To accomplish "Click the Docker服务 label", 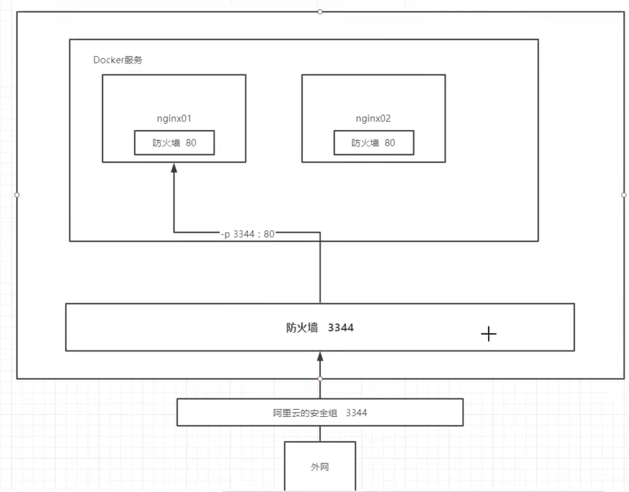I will coord(118,60).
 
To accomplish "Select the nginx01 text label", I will coord(174,118).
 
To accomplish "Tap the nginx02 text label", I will coord(373,118).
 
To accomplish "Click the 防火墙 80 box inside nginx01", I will coord(174,143).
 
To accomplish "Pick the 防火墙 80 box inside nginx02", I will coord(374,143).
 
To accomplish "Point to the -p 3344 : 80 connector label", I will coord(248,234).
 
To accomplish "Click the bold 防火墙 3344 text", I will coord(320,328).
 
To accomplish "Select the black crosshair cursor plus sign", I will coord(488,334).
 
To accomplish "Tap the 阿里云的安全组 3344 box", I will coord(320,412).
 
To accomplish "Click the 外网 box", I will coord(320,466).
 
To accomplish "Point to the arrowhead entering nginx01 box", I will coord(174,168).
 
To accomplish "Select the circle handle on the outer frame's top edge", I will coord(320,12).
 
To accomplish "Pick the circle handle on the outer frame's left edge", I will coord(17,195).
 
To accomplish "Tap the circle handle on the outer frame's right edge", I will coord(624,195).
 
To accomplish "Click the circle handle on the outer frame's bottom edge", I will coord(320,379).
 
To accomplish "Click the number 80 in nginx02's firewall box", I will coord(390,143).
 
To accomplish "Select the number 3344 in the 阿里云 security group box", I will coord(356,413).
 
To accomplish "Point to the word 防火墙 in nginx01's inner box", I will coord(166,143).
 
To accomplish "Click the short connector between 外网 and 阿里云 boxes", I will coord(320,434).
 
